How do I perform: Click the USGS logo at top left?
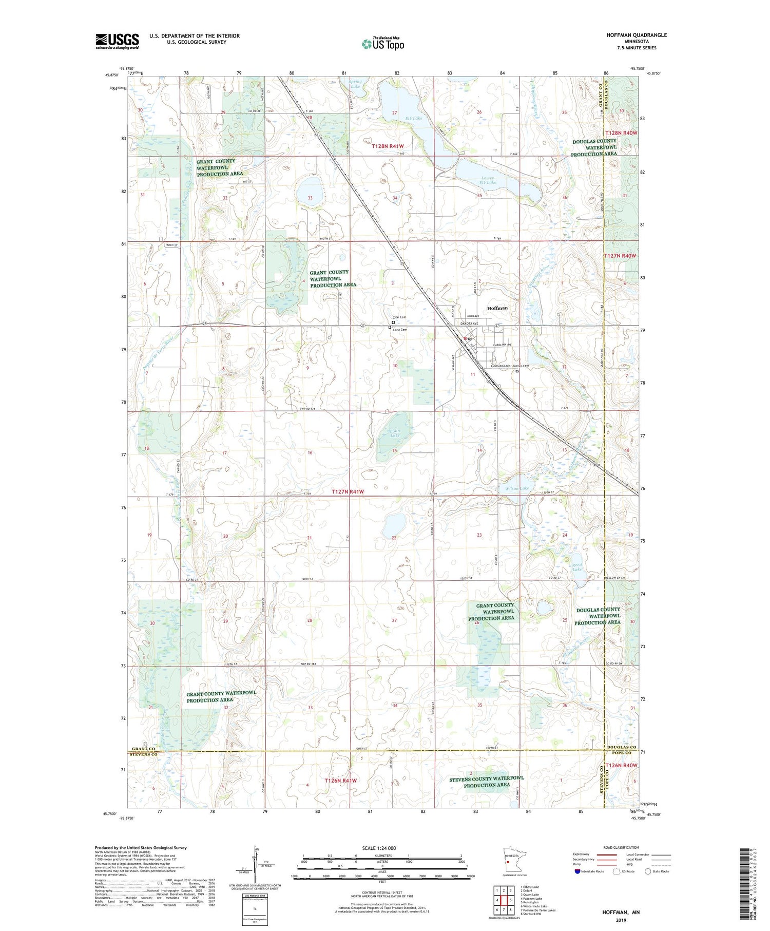[x=117, y=41]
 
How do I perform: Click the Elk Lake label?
[x=413, y=119]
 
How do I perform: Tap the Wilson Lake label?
[x=517, y=488]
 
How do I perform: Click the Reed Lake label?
[x=577, y=567]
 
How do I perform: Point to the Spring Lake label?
[x=356, y=84]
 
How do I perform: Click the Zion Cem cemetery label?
[x=399, y=317]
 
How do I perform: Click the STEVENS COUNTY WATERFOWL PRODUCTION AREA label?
[x=486, y=782]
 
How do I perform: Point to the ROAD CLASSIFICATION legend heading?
[x=621, y=847]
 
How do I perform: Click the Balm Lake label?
[x=394, y=433]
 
